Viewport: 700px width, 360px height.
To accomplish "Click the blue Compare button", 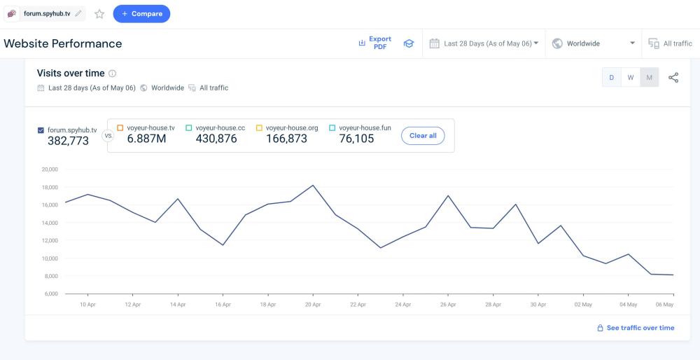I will tap(141, 13).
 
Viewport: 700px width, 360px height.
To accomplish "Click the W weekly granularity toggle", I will tap(631, 77).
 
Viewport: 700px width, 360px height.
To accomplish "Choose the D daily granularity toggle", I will tap(612, 77).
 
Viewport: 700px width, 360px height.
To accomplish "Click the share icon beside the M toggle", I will tap(673, 77).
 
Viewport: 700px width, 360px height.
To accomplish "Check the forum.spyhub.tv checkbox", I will tap(41, 130).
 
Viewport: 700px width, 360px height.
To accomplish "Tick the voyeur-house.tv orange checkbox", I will tap(120, 128).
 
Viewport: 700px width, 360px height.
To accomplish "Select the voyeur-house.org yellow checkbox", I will tap(259, 128).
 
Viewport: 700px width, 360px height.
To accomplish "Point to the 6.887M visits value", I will tap(146, 139).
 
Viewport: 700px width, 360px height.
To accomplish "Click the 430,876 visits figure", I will tap(216, 139).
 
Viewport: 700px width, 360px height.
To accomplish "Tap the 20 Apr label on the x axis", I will tap(313, 305).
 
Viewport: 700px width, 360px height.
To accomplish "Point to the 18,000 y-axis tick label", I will tap(50, 187).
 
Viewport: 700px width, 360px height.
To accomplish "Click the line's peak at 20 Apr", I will tap(313, 186).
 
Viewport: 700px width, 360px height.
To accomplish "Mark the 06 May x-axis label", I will tap(664, 305).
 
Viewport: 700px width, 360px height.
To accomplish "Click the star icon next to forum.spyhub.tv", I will tap(99, 13).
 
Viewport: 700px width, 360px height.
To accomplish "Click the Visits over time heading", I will tap(71, 74).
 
